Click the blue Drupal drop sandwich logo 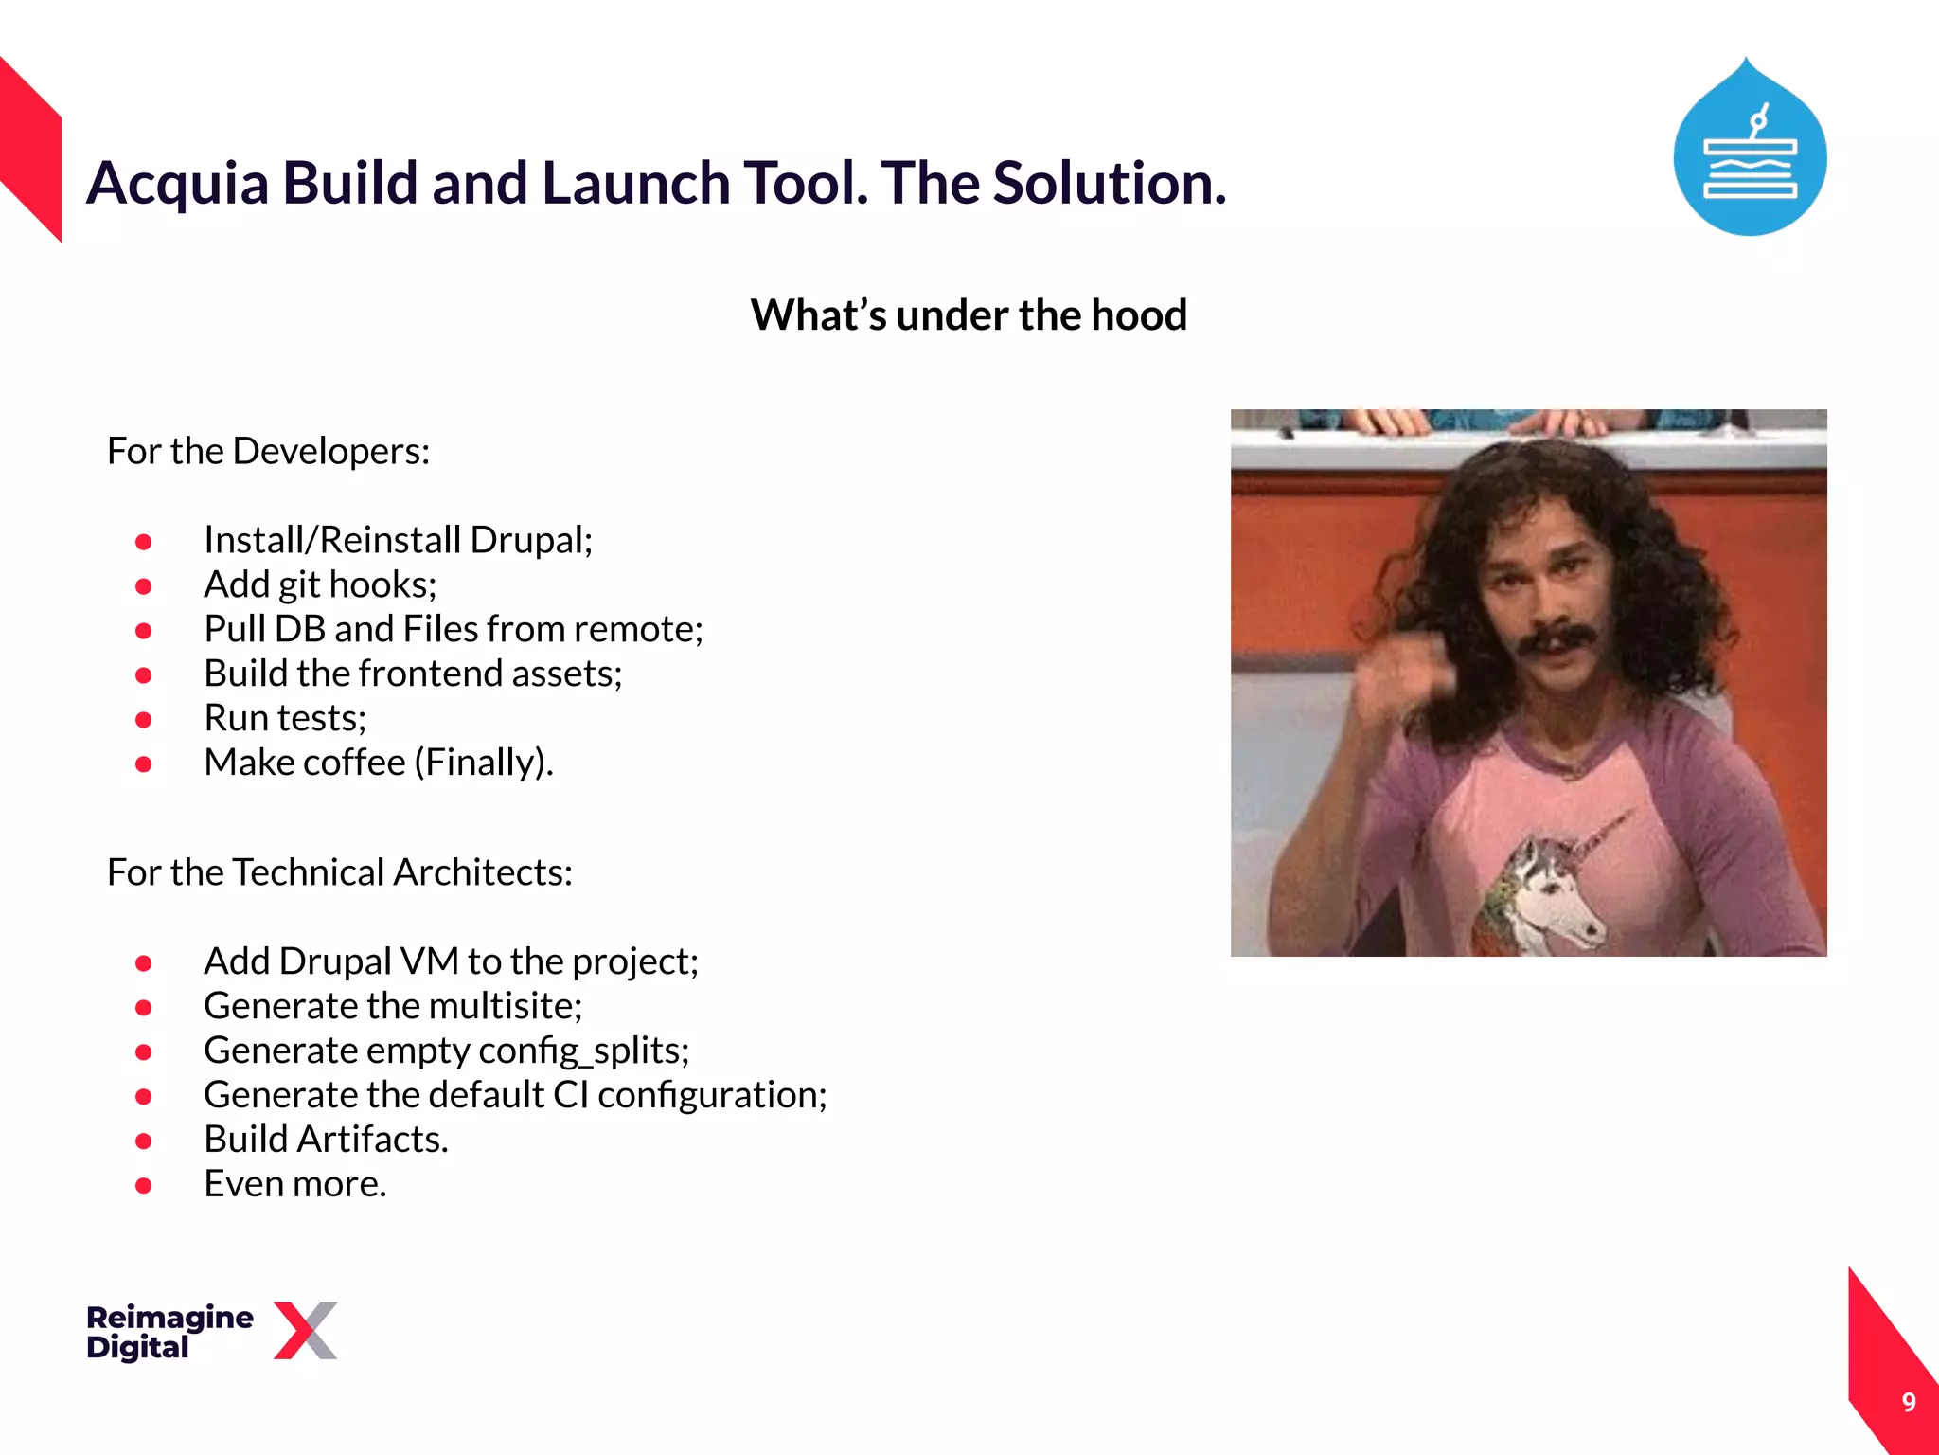tap(1750, 152)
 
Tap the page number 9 tap(1909, 1402)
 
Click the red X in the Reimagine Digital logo tap(305, 1330)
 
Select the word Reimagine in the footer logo tap(169, 1317)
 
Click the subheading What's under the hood tap(968, 314)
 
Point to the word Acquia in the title tap(177, 183)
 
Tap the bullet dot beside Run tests tap(144, 720)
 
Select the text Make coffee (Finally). tap(378, 763)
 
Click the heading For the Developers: tap(268, 451)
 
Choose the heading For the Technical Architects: tap(339, 872)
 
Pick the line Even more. tap(294, 1184)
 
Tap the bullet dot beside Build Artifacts tap(144, 1141)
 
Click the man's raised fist tap(1401, 677)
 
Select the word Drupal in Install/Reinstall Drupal tap(530, 540)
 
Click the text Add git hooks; tap(320, 584)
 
